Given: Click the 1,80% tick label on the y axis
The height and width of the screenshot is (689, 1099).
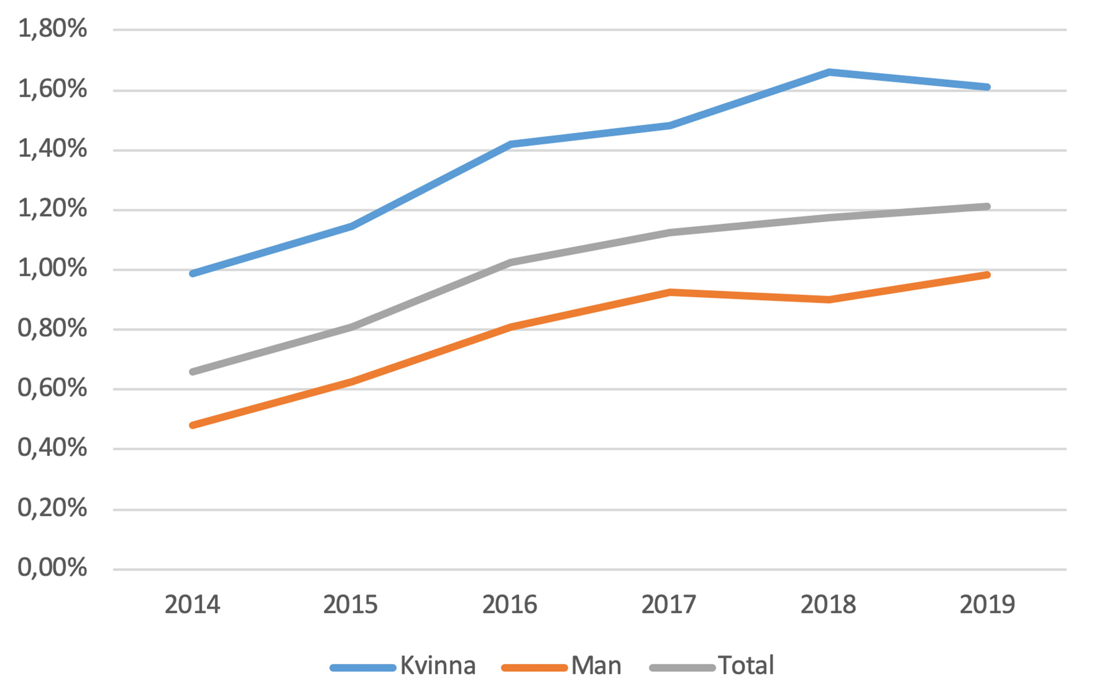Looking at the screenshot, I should click(x=52, y=29).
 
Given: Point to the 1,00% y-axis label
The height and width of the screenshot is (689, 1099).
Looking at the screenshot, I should click(x=52, y=268).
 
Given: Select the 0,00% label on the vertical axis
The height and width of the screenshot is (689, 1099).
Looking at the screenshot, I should click(x=52, y=568).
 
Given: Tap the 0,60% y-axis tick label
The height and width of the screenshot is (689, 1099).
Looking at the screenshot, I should click(x=52, y=388).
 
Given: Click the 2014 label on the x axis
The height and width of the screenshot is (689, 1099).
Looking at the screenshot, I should click(x=192, y=605).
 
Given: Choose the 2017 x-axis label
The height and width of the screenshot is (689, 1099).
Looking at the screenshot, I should click(x=669, y=605).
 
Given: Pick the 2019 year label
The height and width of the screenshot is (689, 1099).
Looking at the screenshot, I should click(x=987, y=605).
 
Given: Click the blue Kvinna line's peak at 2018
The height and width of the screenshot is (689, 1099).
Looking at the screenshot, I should click(x=828, y=72).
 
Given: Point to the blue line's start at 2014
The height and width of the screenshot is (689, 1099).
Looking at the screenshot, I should click(x=192, y=274).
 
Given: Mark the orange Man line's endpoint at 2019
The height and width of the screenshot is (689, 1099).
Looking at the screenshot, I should click(x=987, y=275).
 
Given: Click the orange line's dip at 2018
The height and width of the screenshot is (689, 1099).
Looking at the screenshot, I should click(x=828, y=300).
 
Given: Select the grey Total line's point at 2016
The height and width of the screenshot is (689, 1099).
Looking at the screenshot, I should click(x=510, y=262).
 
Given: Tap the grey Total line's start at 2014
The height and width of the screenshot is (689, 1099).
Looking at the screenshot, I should click(x=192, y=372).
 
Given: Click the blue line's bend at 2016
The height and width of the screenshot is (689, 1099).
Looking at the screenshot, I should click(x=510, y=144).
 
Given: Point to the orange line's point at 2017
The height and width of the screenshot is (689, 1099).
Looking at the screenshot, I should click(x=669, y=292).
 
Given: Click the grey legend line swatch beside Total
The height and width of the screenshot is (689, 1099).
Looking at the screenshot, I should click(x=682, y=668).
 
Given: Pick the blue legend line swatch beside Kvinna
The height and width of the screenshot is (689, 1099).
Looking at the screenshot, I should click(x=363, y=668).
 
